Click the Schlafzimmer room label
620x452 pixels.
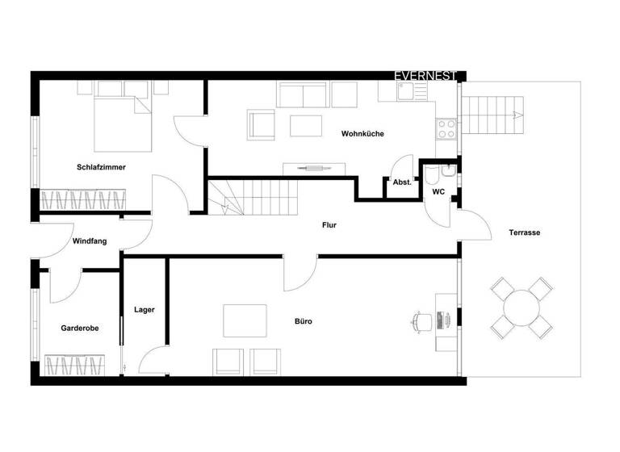point(101,167)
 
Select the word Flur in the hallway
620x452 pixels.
point(329,225)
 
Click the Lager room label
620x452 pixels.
point(145,309)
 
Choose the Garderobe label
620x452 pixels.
point(80,329)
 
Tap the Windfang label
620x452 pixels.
point(90,241)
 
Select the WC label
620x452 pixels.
point(438,192)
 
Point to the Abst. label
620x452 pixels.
point(402,182)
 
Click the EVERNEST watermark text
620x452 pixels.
point(425,76)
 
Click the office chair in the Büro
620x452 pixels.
point(421,320)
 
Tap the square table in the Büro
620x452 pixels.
point(245,320)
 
